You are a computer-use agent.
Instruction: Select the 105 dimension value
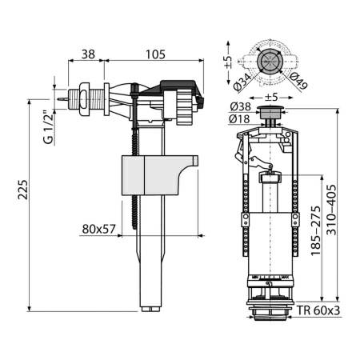(155, 55)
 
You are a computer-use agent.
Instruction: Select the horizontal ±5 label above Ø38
(272, 98)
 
